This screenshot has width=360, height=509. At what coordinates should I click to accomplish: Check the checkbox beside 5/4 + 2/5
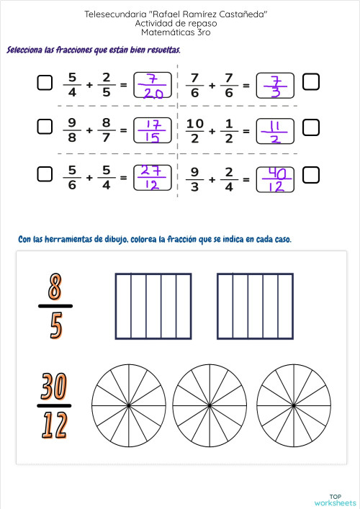[x=45, y=84]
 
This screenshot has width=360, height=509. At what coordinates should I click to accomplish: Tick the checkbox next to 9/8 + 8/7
[x=45, y=128]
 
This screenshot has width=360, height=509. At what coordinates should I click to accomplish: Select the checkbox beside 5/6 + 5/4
[x=45, y=174]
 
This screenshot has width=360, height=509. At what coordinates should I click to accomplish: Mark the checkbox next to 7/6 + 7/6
[x=311, y=84]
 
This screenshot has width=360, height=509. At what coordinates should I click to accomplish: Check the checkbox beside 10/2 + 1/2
[x=311, y=128]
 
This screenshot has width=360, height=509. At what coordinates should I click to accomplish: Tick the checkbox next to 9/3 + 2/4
[x=311, y=174]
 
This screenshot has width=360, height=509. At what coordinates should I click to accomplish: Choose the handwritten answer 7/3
[x=274, y=85]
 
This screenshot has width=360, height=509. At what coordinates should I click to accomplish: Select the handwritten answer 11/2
[x=274, y=130]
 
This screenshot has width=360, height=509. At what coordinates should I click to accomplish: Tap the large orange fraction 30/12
[x=55, y=406]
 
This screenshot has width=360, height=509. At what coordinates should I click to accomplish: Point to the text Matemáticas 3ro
[x=180, y=32]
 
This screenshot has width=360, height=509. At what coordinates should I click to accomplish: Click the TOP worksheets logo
[x=335, y=499]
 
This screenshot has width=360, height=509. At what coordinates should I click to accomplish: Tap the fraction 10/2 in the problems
[x=195, y=130]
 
